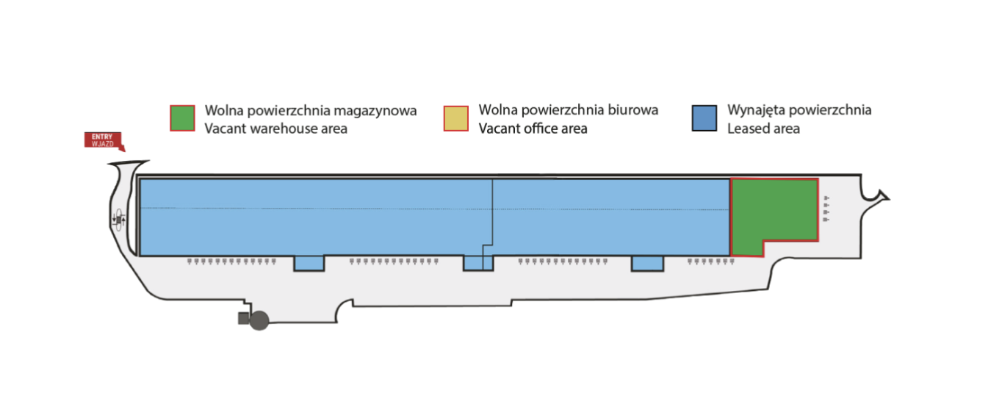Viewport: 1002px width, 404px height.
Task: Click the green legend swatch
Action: [x=182, y=118]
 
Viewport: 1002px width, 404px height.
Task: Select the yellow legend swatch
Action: [x=455, y=118]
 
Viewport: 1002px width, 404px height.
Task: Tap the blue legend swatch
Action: [x=704, y=118]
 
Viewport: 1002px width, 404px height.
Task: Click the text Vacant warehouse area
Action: [x=276, y=129]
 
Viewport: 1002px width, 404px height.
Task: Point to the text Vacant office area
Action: [x=533, y=129]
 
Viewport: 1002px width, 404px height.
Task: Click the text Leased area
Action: [x=763, y=129]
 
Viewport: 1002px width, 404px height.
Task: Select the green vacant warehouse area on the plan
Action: [x=774, y=210]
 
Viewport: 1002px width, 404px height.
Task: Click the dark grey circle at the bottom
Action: [x=259, y=320]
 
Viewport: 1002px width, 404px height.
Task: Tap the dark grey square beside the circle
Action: [x=243, y=319]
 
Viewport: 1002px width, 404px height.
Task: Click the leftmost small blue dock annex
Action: [x=309, y=264]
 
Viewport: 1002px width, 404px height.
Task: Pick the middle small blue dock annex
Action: [x=478, y=263]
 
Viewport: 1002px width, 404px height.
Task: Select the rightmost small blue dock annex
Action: [x=647, y=264]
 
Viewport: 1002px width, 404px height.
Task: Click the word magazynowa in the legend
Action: [x=375, y=111]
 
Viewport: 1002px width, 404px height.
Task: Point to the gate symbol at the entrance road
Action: [x=119, y=220]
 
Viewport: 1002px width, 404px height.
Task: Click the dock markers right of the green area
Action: [x=826, y=209]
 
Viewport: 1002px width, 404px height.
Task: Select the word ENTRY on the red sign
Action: [x=102, y=137]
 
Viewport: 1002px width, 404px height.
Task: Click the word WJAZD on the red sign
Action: [x=102, y=144]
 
